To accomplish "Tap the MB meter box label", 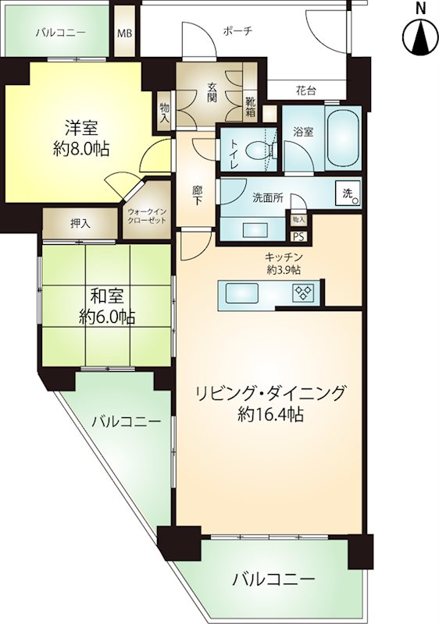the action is pos(125,33).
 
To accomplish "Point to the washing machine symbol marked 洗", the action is pos(348,193).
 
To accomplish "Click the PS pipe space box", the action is pos(299,236).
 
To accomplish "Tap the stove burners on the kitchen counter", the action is pos(303,293).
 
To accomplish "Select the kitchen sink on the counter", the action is pos(242,293).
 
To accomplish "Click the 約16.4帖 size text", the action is pos(270,415).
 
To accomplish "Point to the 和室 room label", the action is pos(107,296).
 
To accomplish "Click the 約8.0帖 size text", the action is pos(81,149).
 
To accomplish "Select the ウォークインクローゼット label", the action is pos(147,216).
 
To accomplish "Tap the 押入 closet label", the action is pos(80,224).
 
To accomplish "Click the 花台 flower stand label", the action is pos(306,91).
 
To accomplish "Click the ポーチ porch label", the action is pos(237,31).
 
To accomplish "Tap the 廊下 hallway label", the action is pos(196,197).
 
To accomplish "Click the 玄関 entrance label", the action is pos(212,92).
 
